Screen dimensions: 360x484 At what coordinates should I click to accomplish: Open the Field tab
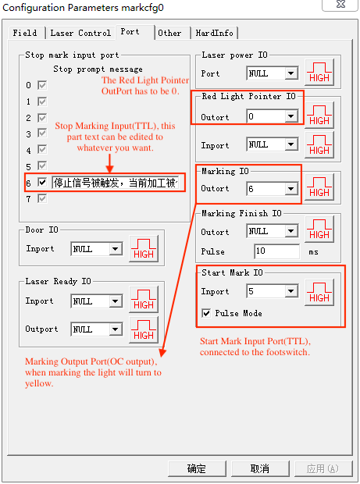pos(25,33)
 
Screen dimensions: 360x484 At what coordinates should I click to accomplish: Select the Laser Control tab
pos(80,33)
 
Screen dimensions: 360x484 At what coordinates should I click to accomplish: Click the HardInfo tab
pos(214,33)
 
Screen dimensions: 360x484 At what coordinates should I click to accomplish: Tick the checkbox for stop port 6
pos(42,182)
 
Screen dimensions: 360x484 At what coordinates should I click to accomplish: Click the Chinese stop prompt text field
pos(116,183)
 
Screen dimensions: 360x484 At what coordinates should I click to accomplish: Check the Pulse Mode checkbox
pos(206,313)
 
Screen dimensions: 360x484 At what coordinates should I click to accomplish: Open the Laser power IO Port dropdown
pos(273,73)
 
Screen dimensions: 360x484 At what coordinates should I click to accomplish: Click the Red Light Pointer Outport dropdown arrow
pos(290,116)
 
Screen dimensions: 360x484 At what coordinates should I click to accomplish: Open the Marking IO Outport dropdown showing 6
pos(273,189)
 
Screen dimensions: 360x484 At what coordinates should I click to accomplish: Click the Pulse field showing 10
pos(276,251)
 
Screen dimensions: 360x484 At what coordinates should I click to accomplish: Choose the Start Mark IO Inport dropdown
pos(273,291)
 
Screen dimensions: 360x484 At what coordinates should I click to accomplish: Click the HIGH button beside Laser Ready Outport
pos(144,330)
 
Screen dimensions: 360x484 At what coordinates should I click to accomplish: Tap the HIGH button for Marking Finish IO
pos(319,230)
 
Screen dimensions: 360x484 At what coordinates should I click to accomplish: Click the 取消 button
pos(260,468)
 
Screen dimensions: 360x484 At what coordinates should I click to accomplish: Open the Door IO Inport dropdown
pos(96,249)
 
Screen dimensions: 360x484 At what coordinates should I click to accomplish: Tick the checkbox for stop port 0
pos(42,85)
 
